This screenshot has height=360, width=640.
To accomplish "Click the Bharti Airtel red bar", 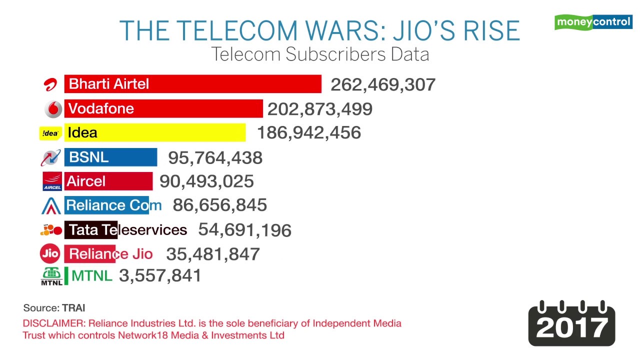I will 192,84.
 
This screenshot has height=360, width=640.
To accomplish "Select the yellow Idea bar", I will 155,133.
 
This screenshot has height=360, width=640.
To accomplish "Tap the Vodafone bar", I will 163,108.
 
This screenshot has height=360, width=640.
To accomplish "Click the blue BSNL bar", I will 110,157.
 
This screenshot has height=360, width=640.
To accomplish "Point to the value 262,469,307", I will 383,84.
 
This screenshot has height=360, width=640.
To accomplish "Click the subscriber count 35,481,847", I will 213,254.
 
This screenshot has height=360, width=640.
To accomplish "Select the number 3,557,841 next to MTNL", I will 160,275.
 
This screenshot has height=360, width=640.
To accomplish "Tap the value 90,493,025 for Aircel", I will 206,181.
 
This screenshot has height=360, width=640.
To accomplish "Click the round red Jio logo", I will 50,254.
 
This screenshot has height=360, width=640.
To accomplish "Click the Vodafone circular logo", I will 53,109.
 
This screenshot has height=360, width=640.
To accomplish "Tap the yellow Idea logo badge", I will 50,133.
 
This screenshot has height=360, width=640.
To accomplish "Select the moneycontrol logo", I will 593,22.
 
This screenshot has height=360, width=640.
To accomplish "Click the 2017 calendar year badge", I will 571,323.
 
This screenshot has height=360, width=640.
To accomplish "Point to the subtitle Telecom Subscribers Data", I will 319,54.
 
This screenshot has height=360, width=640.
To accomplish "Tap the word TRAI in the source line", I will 73,308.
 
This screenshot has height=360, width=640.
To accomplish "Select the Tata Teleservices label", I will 127,230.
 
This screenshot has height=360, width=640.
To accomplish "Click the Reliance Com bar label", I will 113,205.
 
